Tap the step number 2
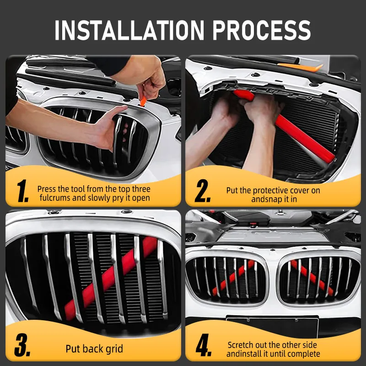202,192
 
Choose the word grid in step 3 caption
114,349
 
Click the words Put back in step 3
85,349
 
